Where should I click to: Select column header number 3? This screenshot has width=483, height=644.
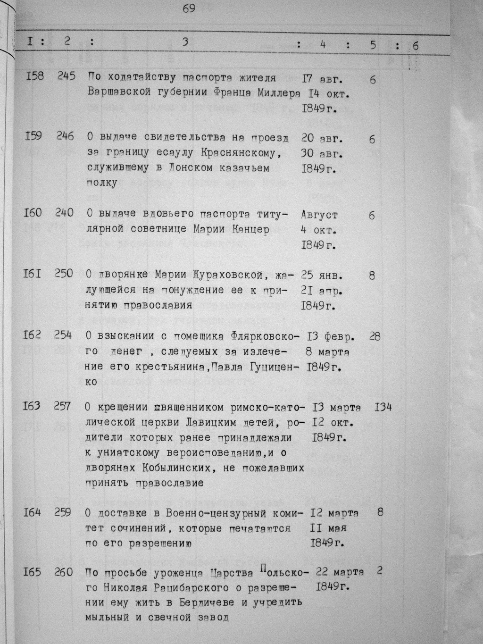185,42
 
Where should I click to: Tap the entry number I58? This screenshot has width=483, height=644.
33,75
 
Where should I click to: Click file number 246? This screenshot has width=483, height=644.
65,136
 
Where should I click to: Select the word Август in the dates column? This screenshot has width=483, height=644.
319,215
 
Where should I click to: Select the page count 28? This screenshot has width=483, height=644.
375,336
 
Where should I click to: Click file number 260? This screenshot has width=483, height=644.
64,572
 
